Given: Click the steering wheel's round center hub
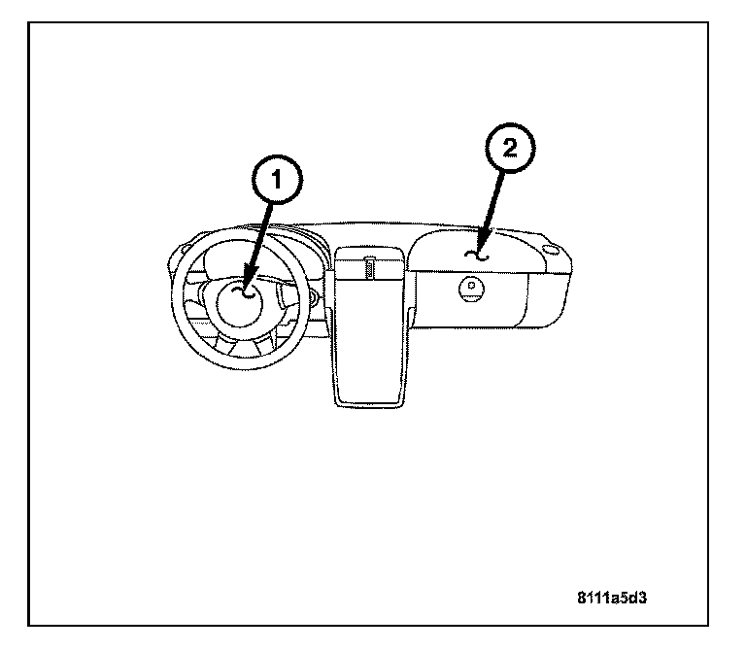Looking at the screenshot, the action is pos(243,301).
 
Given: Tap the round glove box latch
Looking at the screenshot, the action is pos(473,288).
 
